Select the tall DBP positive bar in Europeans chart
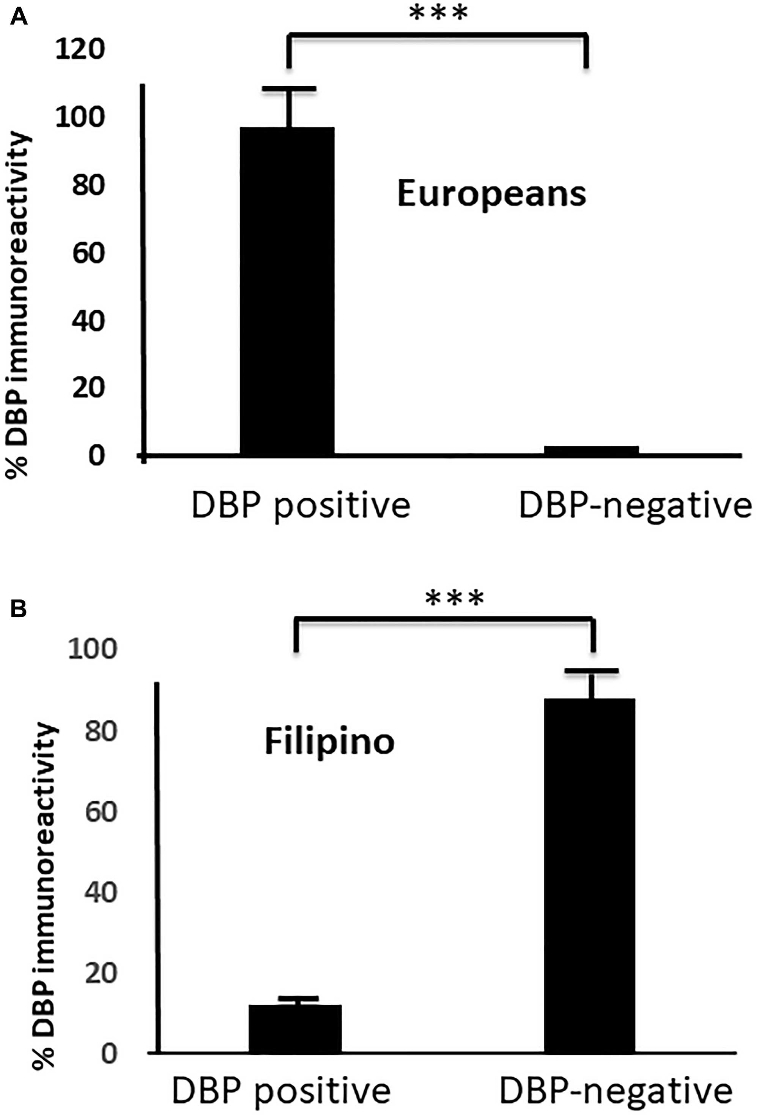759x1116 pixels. [x=287, y=291]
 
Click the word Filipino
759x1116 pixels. [x=330, y=742]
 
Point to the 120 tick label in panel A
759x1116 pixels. [x=80, y=49]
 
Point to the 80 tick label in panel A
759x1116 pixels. [x=88, y=185]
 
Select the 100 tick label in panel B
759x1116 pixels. [x=93, y=649]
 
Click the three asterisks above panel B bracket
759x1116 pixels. [x=454, y=599]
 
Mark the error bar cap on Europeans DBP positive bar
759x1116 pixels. [x=289, y=89]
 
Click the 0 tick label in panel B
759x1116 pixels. [x=109, y=1054]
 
